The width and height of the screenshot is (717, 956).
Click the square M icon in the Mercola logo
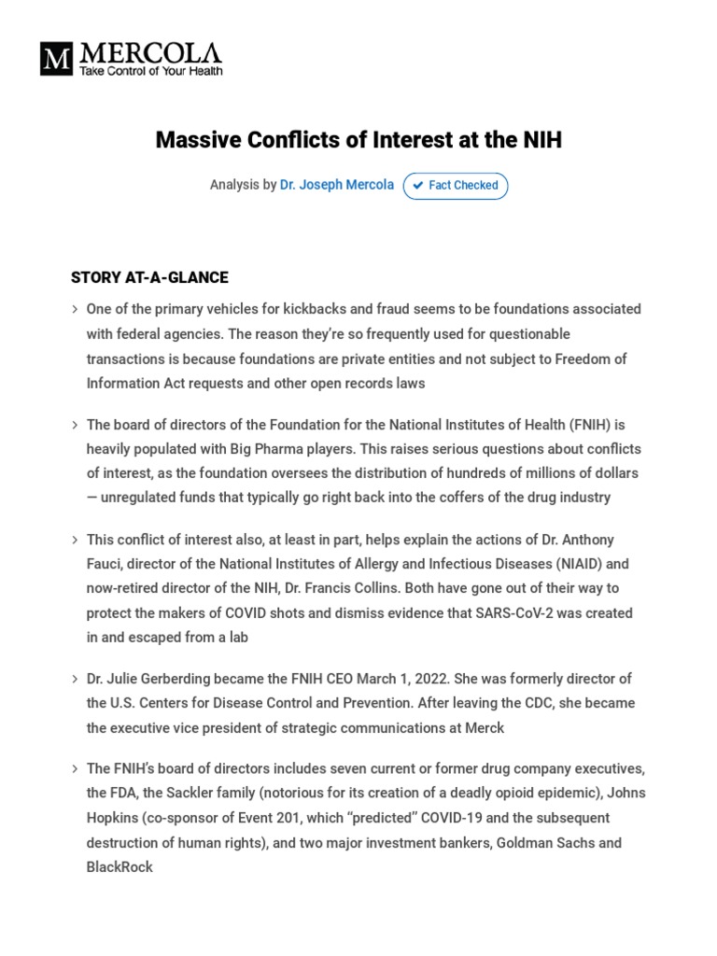coord(56,59)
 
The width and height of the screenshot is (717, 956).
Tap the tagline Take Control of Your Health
coord(149,71)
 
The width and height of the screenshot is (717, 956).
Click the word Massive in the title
coord(199,140)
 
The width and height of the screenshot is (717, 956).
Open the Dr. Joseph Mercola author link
coord(337,185)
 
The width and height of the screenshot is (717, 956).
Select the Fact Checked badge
coord(456,186)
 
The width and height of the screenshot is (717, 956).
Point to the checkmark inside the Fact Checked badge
coord(418,186)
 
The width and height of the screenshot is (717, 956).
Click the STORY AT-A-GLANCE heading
coord(149,277)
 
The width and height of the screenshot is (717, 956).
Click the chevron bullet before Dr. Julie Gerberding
coord(75,679)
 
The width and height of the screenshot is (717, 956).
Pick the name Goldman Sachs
coord(546,843)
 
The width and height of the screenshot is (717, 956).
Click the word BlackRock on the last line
coord(119,867)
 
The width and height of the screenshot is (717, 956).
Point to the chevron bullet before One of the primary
coord(75,309)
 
